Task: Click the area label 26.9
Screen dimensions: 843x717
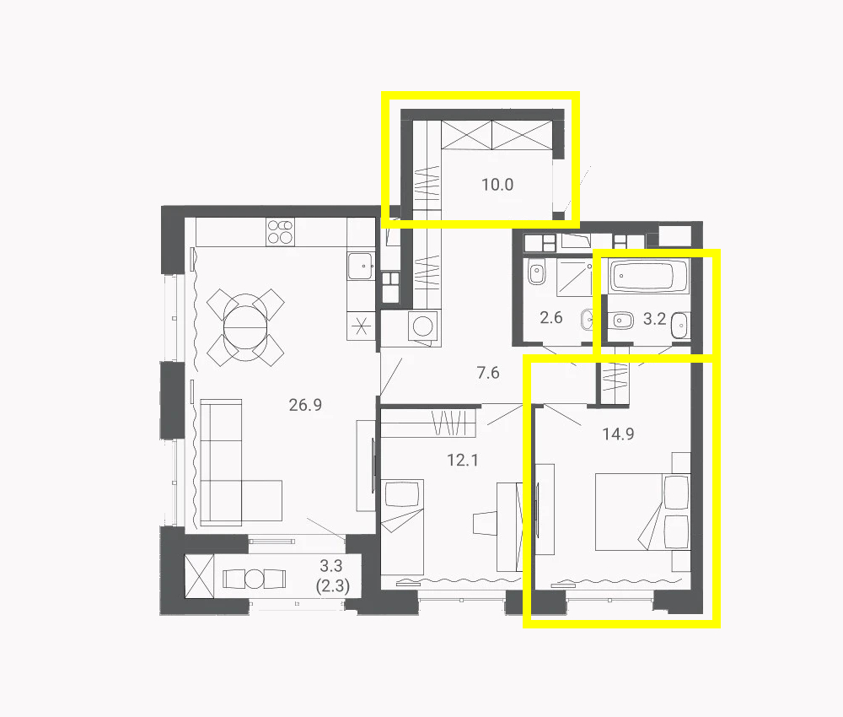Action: [305, 405]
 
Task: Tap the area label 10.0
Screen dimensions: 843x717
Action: [497, 185]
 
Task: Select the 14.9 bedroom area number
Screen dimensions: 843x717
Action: [618, 434]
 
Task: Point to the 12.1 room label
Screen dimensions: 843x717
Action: [462, 460]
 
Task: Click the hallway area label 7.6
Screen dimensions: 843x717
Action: [488, 372]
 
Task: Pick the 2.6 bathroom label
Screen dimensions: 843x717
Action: [551, 317]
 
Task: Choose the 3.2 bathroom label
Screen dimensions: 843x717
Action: [655, 319]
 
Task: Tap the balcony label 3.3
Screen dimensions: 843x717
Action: [331, 566]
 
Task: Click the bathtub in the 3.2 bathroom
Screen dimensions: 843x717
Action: [649, 276]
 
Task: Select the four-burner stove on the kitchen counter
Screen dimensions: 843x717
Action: [280, 232]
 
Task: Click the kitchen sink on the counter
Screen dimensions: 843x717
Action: [361, 266]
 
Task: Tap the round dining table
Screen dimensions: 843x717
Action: [245, 327]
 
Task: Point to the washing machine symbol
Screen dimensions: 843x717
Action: [422, 326]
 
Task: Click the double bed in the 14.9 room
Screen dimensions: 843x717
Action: [643, 511]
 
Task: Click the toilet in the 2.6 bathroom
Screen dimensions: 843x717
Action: [536, 272]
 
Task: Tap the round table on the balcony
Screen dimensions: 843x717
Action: [255, 579]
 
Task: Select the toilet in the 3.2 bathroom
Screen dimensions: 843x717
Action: [620, 321]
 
